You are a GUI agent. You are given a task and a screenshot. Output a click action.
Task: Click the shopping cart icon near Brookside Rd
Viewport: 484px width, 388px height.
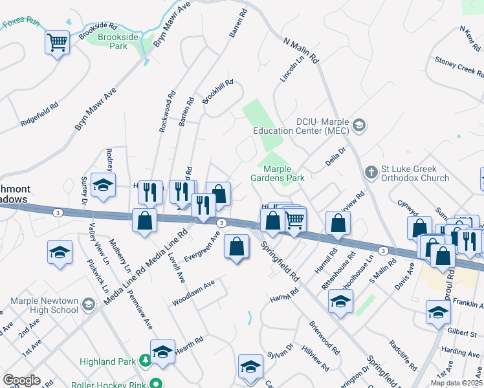(x=58, y=43)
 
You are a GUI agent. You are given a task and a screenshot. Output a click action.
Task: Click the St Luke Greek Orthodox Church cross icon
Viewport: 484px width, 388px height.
(x=371, y=172)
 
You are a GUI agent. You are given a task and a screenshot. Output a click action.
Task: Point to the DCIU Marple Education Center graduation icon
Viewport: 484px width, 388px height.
(x=360, y=125)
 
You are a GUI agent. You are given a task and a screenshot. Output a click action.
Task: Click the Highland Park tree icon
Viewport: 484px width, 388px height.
(x=146, y=361)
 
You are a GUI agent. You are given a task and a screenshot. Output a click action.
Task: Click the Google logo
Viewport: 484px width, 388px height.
(x=21, y=380)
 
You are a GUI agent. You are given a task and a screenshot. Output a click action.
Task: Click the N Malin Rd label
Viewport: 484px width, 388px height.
(x=302, y=49)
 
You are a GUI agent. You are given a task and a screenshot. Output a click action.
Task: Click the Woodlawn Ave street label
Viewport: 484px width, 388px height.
(x=193, y=294)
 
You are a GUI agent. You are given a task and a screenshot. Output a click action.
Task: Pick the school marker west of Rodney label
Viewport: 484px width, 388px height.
(x=103, y=185)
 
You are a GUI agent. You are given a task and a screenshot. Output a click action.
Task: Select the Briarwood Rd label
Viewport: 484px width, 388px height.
(x=324, y=337)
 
